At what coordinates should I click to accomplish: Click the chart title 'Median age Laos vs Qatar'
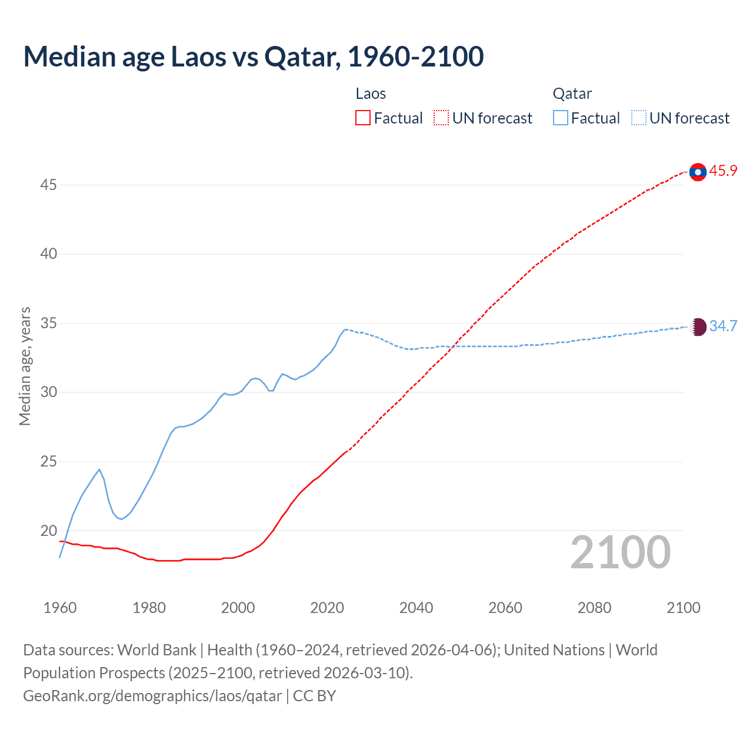pyautogui.click(x=253, y=56)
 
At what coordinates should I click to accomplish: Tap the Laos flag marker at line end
pyautogui.click(x=698, y=172)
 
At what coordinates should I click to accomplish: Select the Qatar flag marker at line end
pyautogui.click(x=698, y=326)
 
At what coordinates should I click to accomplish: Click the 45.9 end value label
pyautogui.click(x=723, y=171)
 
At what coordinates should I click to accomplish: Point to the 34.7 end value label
pyautogui.click(x=723, y=326)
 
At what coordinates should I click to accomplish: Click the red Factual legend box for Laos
pyautogui.click(x=363, y=118)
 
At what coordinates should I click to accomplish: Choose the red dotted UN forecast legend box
pyautogui.click(x=441, y=118)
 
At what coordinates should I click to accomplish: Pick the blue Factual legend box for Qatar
pyautogui.click(x=561, y=118)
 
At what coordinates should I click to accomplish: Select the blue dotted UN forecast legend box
pyautogui.click(x=639, y=118)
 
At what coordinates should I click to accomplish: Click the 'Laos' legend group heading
pyautogui.click(x=371, y=94)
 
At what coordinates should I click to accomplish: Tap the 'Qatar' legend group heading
pyautogui.click(x=572, y=94)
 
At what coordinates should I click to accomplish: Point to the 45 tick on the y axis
pyautogui.click(x=48, y=185)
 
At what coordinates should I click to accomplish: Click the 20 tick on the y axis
pyautogui.click(x=48, y=531)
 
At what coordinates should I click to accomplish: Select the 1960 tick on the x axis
pyautogui.click(x=60, y=608)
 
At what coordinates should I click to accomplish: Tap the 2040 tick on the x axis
pyautogui.click(x=416, y=608)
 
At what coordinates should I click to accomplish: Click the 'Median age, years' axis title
pyautogui.click(x=25, y=366)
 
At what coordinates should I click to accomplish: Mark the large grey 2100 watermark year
pyautogui.click(x=620, y=552)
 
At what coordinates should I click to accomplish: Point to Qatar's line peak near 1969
pyautogui.click(x=99, y=469)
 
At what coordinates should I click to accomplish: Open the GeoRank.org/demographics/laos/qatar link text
pyautogui.click(x=152, y=696)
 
